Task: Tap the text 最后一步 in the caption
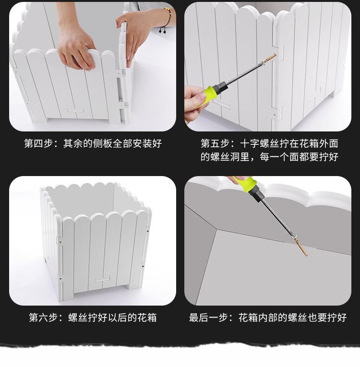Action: point(210,318)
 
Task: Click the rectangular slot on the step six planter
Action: point(102,280)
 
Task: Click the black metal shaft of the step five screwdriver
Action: point(245,73)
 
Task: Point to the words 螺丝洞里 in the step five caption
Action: point(236,157)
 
